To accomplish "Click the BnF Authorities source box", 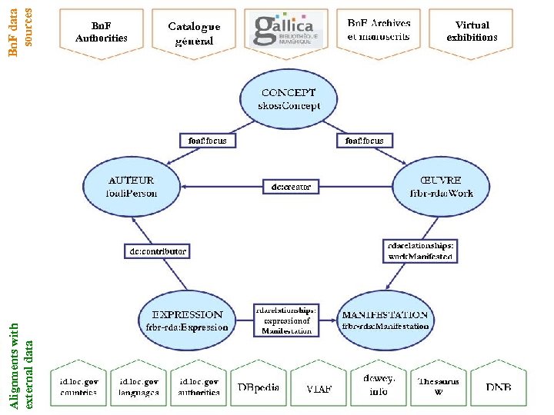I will click(102, 32).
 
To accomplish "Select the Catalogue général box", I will click(194, 32).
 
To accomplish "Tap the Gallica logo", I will click(286, 31).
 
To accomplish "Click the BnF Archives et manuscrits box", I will click(379, 31).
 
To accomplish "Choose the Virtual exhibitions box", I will click(472, 32).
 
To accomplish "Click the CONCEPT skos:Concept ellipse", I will click(288, 100).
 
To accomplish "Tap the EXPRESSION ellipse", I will click(187, 320).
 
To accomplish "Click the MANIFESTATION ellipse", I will click(385, 320).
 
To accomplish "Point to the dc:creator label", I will click(286, 187).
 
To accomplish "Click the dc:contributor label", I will click(157, 251).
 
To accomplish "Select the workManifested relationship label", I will click(420, 251).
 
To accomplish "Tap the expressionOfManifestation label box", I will click(286, 320).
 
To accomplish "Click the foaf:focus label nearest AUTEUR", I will click(208, 141).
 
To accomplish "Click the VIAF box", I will click(319, 387).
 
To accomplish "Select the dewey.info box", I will click(379, 385).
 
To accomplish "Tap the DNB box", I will click(498, 387).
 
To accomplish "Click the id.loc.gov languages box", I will click(138, 387).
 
